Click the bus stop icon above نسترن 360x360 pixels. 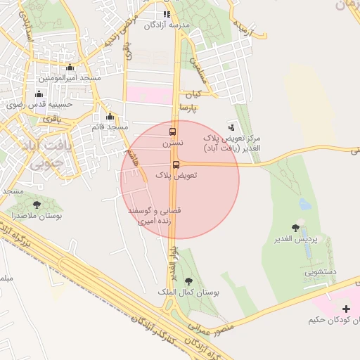pos(173,131)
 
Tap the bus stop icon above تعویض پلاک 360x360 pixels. pos(175,165)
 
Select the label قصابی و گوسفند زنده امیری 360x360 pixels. pos(153,216)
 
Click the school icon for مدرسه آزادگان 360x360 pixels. pos(167,14)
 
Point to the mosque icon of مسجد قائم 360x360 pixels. pos(109,117)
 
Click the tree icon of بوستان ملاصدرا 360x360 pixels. pos(37,205)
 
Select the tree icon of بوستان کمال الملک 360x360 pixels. pos(186,281)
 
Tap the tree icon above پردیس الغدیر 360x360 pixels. pos(295,228)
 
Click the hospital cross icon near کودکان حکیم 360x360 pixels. pos(345,309)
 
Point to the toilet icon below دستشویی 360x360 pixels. pos(309,279)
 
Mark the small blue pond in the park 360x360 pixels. pos(304,204)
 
